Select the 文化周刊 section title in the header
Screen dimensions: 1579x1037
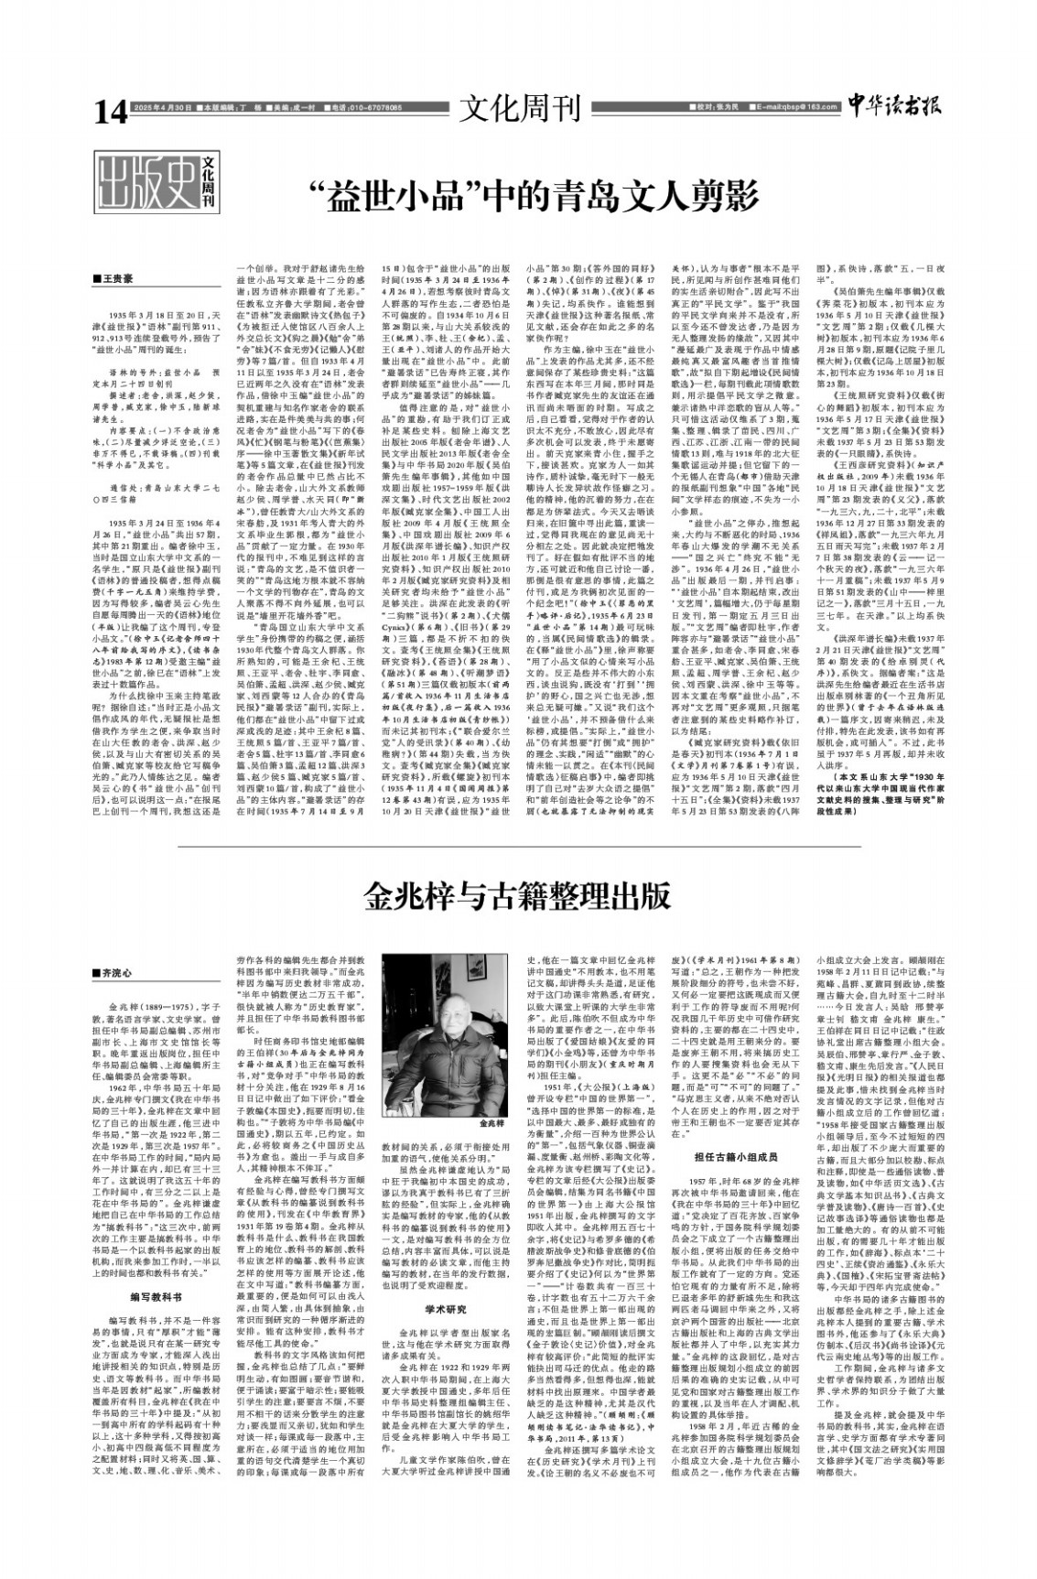point(520,109)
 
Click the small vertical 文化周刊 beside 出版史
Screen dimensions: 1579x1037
point(209,181)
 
